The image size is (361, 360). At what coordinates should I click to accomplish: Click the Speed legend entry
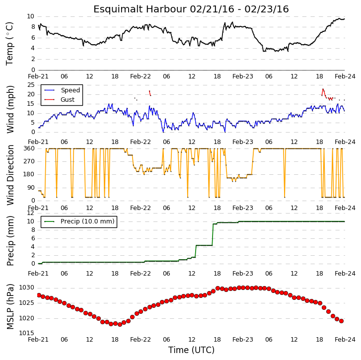(x=62, y=90)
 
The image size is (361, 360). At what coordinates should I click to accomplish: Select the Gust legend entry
(x=60, y=100)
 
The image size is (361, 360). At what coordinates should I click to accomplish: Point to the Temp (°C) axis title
(x=9, y=44)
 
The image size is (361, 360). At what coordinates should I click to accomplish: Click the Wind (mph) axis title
(x=10, y=109)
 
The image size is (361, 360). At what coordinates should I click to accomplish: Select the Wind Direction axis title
(x=10, y=175)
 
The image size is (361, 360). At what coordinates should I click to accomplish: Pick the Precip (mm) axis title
(x=10, y=241)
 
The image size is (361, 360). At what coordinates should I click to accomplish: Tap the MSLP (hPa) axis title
(x=10, y=306)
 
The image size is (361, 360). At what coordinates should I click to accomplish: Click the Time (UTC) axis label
(x=191, y=350)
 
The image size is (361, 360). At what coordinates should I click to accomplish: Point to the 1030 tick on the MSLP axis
(x=26, y=288)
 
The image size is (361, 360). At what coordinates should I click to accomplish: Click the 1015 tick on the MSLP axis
(x=26, y=333)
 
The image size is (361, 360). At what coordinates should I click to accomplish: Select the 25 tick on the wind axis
(x=31, y=85)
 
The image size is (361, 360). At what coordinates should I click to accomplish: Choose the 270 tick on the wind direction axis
(x=29, y=161)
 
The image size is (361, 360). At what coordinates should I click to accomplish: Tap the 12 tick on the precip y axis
(x=30, y=213)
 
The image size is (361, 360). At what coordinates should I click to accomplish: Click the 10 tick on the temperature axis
(x=30, y=16)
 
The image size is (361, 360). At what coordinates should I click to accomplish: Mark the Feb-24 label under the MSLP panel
(x=345, y=340)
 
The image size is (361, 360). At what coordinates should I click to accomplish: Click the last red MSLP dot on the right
(x=342, y=321)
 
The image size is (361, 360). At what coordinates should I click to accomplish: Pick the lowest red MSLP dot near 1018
(x=120, y=325)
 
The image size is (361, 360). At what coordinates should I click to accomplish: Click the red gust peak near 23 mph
(x=323, y=89)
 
